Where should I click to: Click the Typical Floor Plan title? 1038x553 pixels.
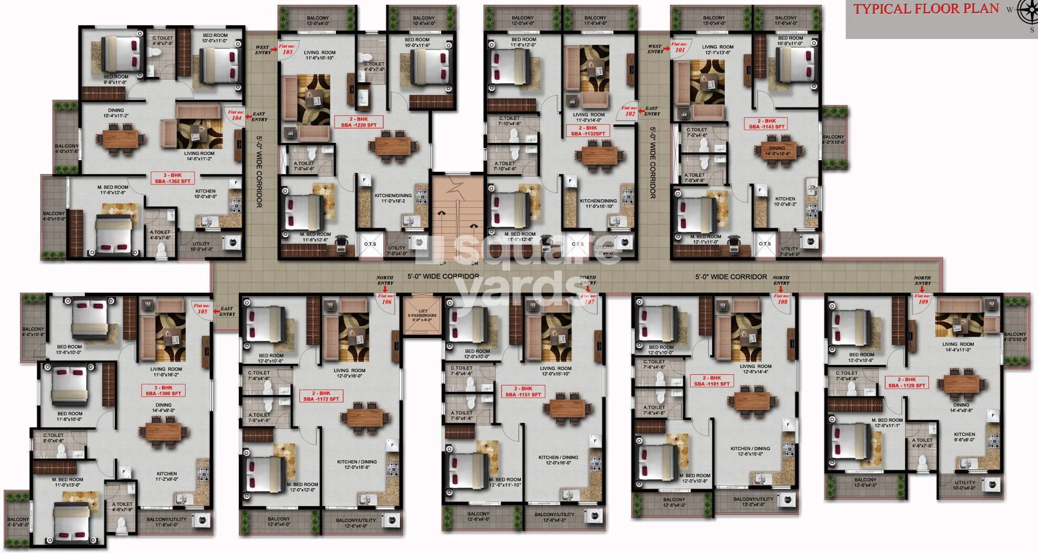point(926,9)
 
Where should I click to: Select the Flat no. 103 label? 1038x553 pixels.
point(287,50)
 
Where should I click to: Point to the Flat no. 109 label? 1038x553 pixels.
point(923,299)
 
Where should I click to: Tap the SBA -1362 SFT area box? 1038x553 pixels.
point(172,178)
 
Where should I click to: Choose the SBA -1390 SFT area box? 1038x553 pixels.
point(163,391)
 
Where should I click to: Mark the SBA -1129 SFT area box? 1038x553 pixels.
point(906,383)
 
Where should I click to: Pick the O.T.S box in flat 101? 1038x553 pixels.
point(764,244)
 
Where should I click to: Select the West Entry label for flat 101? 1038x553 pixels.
point(655,49)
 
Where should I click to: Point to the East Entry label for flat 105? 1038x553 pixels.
point(227,312)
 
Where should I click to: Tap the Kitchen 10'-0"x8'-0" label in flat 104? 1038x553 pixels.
point(205,193)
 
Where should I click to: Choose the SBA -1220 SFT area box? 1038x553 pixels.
point(358,122)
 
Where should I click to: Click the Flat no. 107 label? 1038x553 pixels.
point(589,299)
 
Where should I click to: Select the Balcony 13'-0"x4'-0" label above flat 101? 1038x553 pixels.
point(714,20)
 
